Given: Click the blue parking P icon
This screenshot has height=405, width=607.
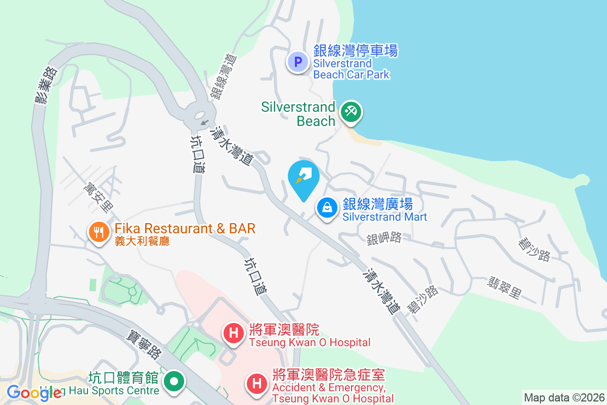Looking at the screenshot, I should pyautogui.click(x=298, y=63).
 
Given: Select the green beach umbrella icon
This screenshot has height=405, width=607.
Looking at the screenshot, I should pyautogui.click(x=350, y=111).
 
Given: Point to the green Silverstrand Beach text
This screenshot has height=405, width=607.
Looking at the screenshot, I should pyautogui.click(x=298, y=114).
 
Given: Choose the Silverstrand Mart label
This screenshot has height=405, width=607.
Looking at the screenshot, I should pyautogui.click(x=384, y=210).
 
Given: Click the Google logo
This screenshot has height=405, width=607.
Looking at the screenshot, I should pyautogui.click(x=34, y=392).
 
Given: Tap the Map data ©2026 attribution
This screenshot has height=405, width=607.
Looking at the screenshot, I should pyautogui.click(x=564, y=397).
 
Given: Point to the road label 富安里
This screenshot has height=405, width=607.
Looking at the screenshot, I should pyautogui.click(x=98, y=198).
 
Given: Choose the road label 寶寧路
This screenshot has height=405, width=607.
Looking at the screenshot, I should pyautogui.click(x=144, y=344).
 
